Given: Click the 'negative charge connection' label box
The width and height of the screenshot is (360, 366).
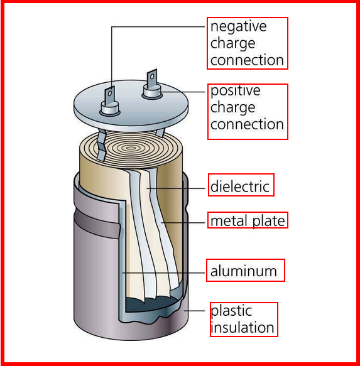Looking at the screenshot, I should point(247,43).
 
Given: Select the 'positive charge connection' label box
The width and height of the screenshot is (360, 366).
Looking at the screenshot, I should point(247,107).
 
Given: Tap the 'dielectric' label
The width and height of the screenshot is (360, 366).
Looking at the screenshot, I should point(240,186).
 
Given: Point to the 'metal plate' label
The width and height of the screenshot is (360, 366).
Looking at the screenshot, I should point(247,220).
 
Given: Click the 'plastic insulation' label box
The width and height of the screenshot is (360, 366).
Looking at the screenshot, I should point(243,320).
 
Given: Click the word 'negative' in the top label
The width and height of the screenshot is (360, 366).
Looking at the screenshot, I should point(237,27).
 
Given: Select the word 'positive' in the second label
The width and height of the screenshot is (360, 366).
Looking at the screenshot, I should point(234,91).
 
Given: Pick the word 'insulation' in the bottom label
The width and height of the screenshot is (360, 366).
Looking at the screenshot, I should point(242,328).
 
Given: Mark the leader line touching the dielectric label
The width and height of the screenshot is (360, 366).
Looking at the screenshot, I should point(182,187).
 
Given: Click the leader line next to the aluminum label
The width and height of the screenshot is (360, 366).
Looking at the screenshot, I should point(166,272).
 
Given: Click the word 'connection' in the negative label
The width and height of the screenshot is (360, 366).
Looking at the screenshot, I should point(247,60).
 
